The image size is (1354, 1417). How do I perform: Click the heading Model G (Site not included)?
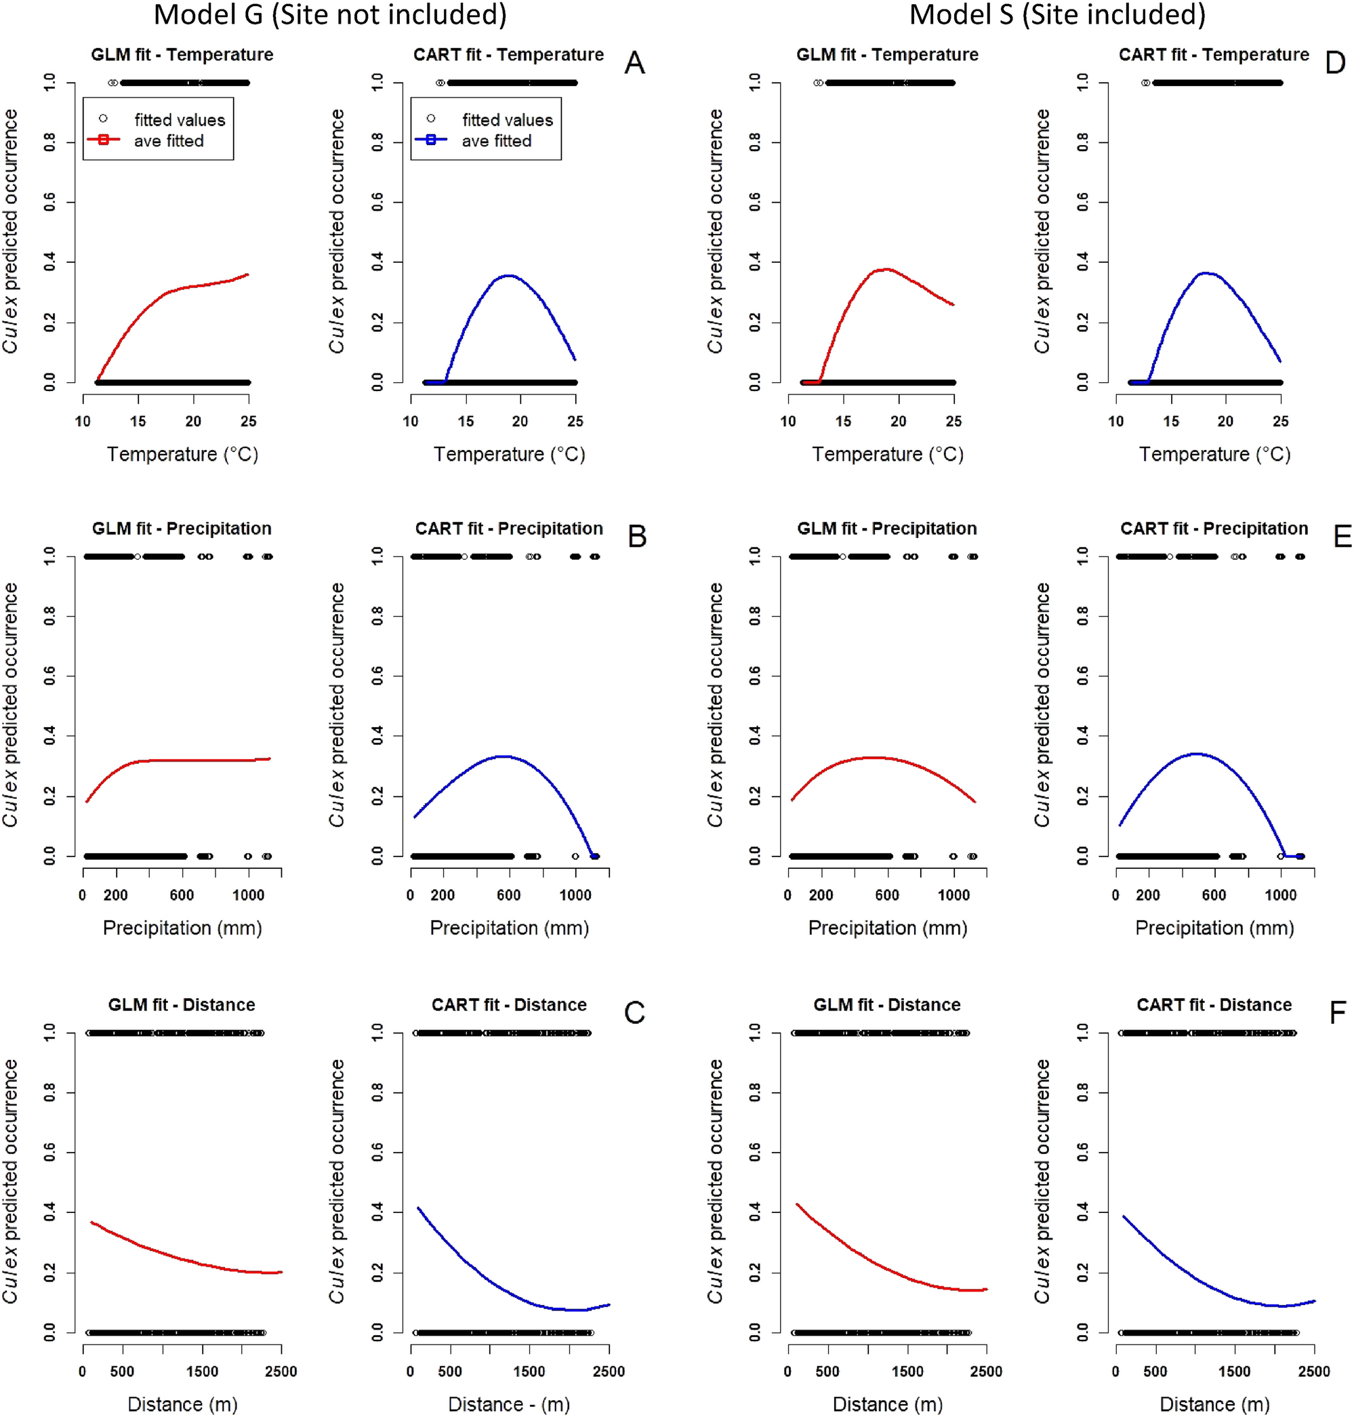[330, 14]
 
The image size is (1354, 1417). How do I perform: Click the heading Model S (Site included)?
[1056, 14]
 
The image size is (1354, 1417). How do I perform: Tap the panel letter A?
[634, 64]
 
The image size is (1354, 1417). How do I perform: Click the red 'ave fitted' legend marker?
[103, 140]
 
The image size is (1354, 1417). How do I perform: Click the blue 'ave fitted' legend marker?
[431, 140]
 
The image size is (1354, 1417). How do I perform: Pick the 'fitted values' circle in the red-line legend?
[103, 119]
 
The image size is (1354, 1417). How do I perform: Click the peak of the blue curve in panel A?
[509, 275]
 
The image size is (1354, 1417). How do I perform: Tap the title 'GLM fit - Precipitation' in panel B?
[182, 529]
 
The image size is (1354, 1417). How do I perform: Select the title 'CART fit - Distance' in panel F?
[1214, 1005]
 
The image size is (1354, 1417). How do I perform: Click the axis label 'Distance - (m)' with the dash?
[509, 1404]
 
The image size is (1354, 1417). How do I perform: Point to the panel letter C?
[634, 1012]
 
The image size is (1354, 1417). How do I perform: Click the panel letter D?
[1334, 64]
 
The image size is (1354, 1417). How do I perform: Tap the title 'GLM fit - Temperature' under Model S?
[887, 55]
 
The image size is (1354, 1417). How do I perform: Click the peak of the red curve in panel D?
[885, 269]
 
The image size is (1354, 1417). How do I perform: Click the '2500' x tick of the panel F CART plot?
[1313, 1372]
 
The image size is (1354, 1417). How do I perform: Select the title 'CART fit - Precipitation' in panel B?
[509, 529]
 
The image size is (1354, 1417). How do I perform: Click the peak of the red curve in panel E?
[875, 757]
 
